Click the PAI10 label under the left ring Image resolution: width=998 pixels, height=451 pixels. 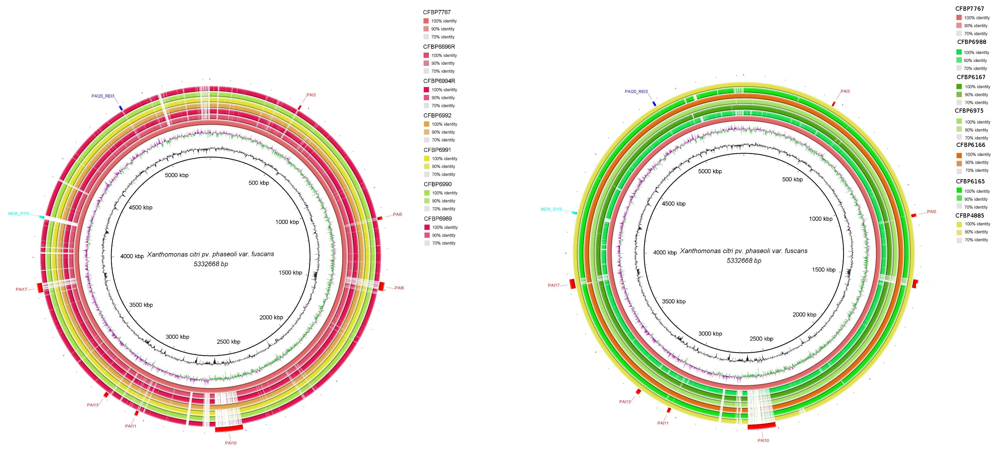tap(230, 443)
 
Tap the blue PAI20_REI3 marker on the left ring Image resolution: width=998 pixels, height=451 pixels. tap(121, 108)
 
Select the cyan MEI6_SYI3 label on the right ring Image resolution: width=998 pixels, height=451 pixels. tap(551, 209)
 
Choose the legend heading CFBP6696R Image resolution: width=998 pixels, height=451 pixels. tap(439, 46)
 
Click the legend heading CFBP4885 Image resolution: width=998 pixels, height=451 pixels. tap(969, 215)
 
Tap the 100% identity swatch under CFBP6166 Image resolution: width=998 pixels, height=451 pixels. tap(959, 155)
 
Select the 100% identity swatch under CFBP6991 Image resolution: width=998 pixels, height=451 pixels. tap(427, 159)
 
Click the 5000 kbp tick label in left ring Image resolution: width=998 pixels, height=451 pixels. tap(177, 175)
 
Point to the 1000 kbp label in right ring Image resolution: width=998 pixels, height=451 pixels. tap(820, 219)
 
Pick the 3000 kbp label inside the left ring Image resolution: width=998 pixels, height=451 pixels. tap(178, 337)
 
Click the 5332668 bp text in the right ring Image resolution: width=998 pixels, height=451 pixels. tap(744, 261)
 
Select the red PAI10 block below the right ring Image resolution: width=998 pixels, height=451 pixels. tap(761, 426)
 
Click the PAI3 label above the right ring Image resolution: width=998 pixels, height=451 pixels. tap(845, 91)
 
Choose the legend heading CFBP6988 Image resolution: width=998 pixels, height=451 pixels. tap(971, 42)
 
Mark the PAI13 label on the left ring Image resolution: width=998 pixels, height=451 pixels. tap(93, 405)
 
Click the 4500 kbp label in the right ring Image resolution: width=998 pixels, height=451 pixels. tap(673, 204)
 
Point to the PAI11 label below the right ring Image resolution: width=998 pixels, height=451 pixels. tap(663, 423)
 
